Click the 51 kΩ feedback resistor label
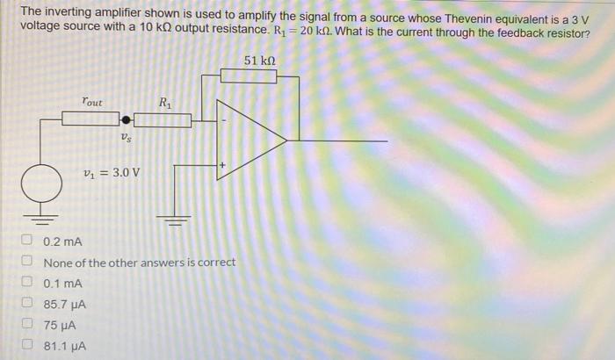(263, 60)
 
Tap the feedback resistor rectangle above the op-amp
(248, 76)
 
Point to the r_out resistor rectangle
(90, 119)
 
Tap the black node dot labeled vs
(127, 119)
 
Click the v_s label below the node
(127, 137)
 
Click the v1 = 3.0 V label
(111, 172)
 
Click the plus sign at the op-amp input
(223, 164)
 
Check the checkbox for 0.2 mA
(27, 241)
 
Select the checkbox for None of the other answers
(27, 263)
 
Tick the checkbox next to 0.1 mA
(27, 284)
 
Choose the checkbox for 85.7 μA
(27, 305)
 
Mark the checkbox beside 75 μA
(27, 325)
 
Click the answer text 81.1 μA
(65, 346)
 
